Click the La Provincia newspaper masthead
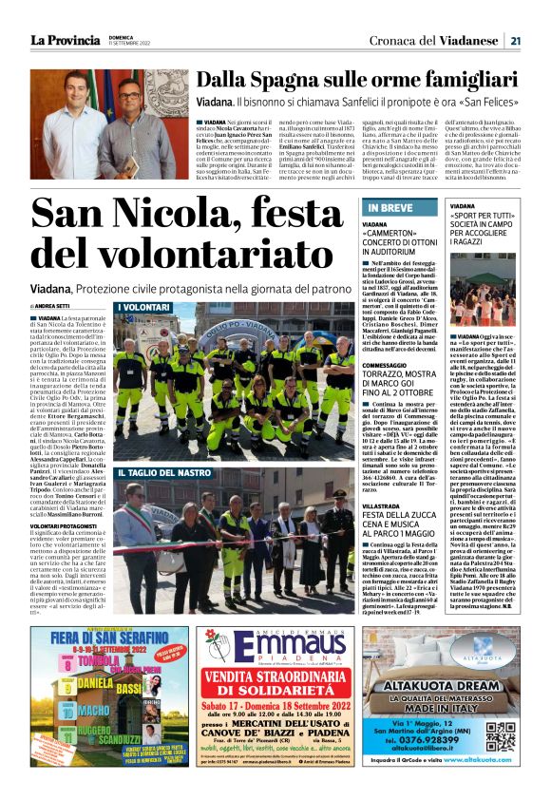pyautogui.click(x=64, y=39)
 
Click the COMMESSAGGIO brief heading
pyautogui.click(x=389, y=365)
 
